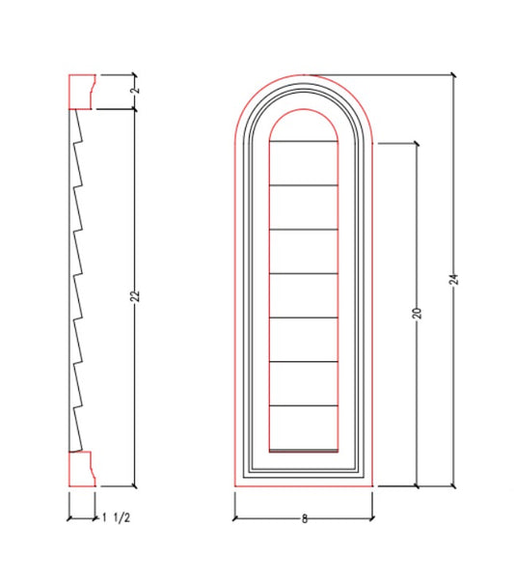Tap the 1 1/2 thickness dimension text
click(x=117, y=518)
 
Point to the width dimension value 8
click(x=304, y=518)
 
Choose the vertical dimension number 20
click(x=417, y=314)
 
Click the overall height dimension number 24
click(x=453, y=279)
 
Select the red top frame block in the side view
click(x=81, y=91)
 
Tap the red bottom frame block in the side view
click(x=81, y=468)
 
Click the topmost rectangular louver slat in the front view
click(x=303, y=162)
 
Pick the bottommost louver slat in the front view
click(x=303, y=427)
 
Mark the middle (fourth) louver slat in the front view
click(x=303, y=295)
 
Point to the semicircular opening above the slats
click(x=303, y=125)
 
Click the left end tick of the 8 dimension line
click(x=234, y=518)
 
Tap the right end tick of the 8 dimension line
click(x=372, y=518)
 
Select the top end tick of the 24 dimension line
click(x=453, y=73)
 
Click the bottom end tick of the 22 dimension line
click(x=135, y=486)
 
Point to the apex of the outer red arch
click(x=303, y=73)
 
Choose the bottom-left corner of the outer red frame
click(x=234, y=486)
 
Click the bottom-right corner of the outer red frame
click(x=372, y=486)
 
